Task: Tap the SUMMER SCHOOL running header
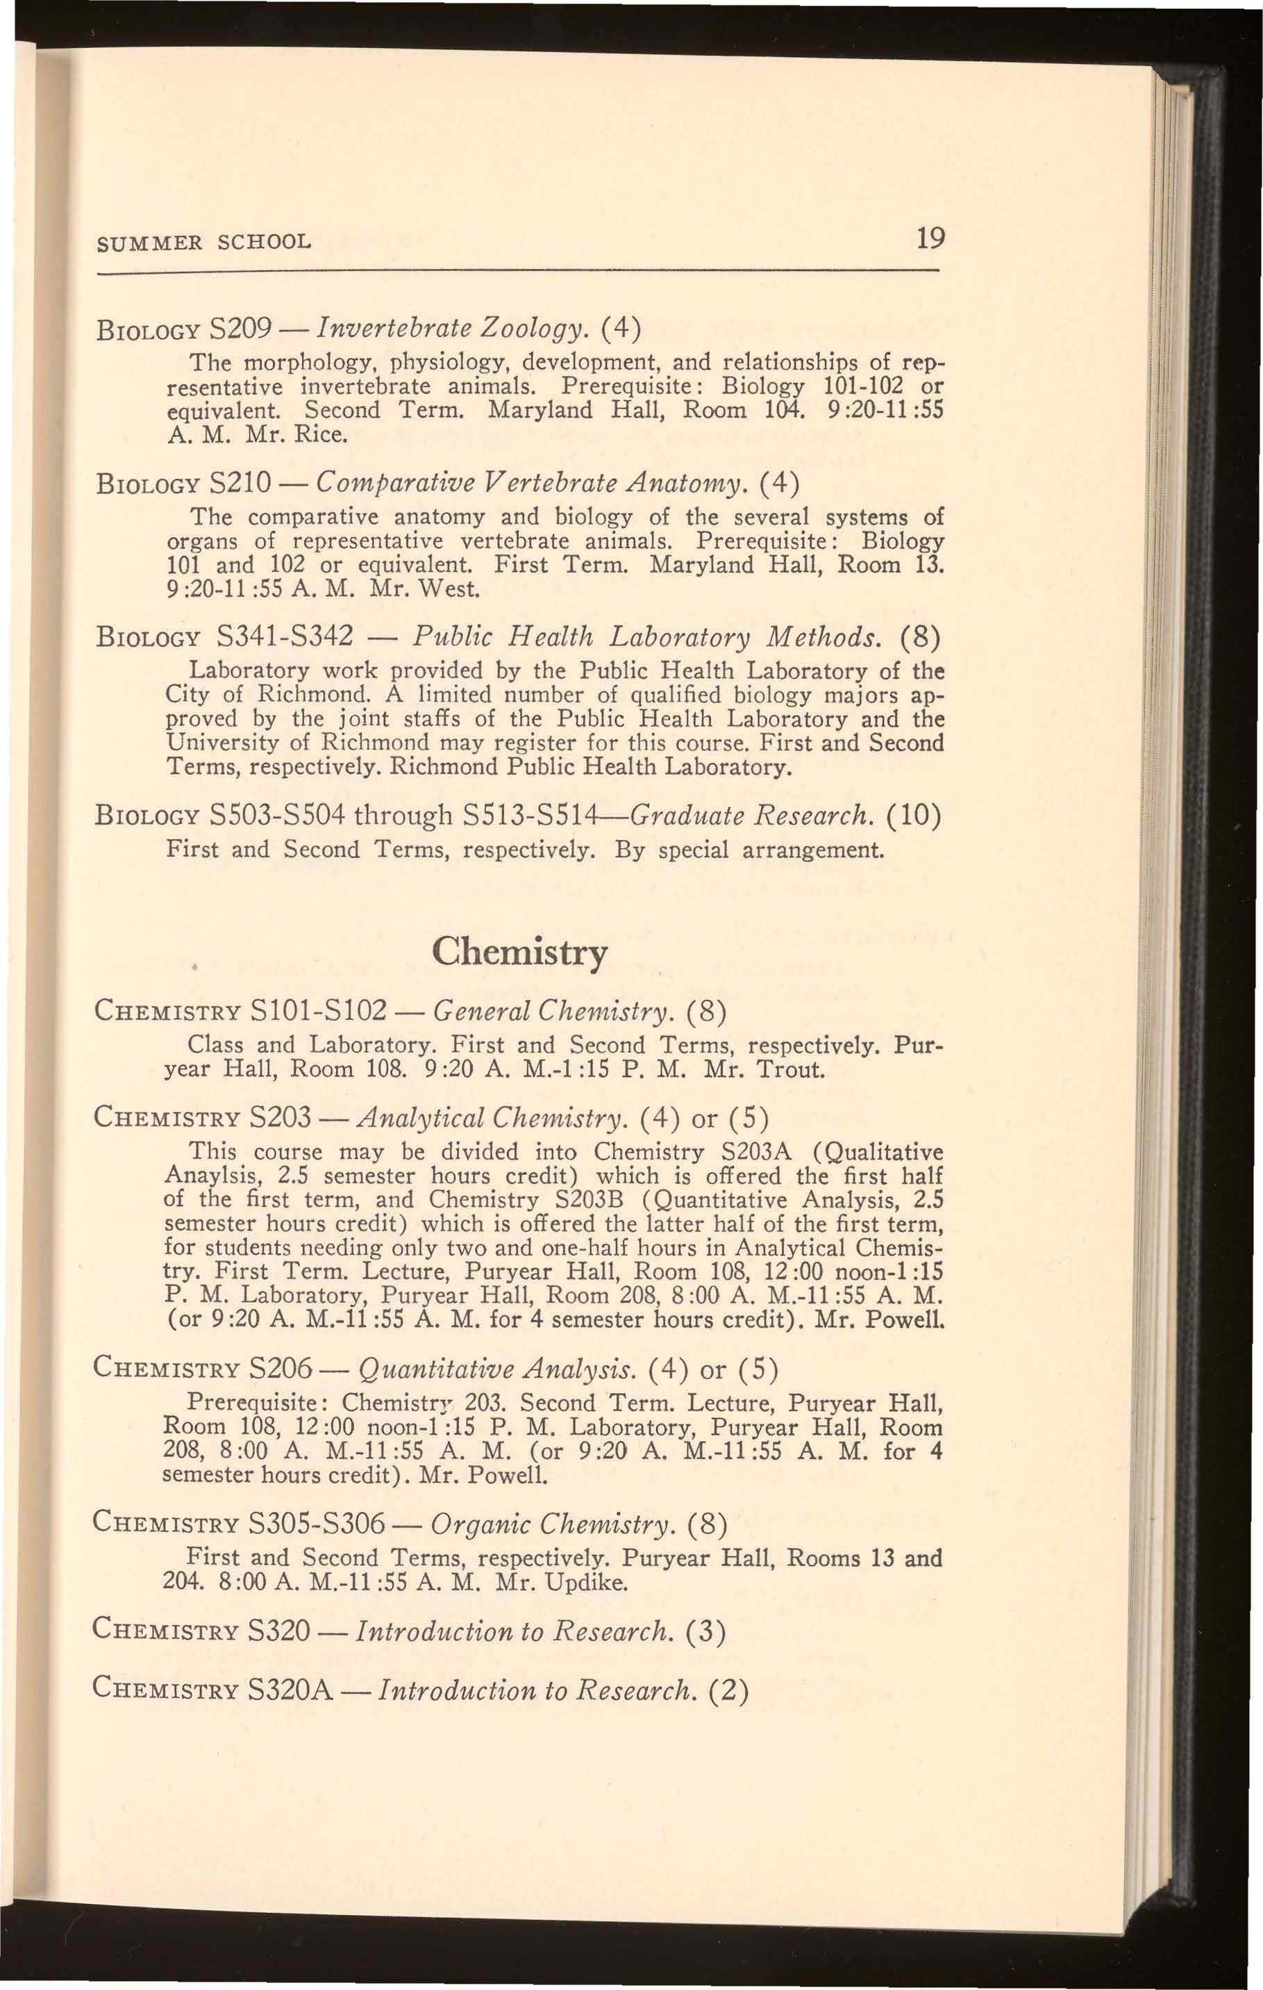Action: [x=204, y=243]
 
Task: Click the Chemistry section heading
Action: [x=519, y=953]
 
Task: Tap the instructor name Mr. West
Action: [x=424, y=590]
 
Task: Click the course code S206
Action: [x=278, y=1371]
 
